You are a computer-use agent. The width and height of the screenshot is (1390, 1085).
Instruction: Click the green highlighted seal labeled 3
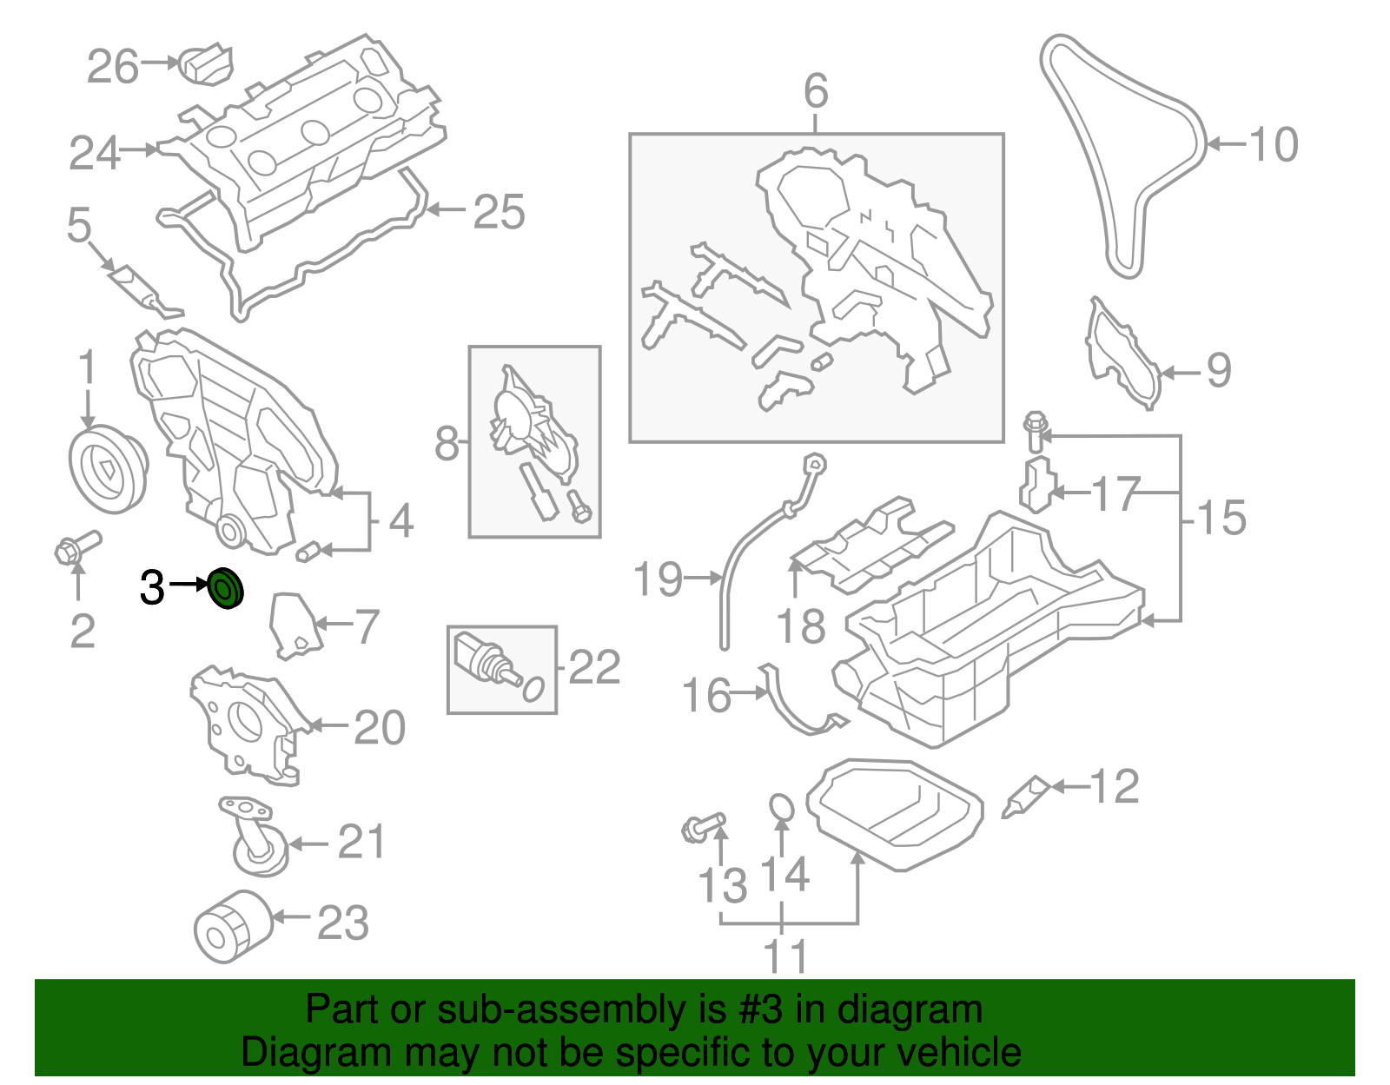[x=227, y=589]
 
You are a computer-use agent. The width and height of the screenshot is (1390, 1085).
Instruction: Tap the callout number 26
[x=113, y=67]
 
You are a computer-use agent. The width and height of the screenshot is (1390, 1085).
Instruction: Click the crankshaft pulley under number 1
[x=107, y=470]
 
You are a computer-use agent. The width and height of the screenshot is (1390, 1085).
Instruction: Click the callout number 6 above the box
[x=816, y=91]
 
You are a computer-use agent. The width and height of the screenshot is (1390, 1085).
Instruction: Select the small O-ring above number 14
[x=782, y=807]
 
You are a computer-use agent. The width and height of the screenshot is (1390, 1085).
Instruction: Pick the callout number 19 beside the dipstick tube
[x=658, y=579]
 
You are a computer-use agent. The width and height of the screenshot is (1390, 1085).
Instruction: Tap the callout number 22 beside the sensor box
[x=594, y=667]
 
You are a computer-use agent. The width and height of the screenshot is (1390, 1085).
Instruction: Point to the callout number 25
[x=499, y=212]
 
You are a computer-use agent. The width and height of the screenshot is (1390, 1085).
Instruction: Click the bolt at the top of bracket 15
[x=1035, y=431]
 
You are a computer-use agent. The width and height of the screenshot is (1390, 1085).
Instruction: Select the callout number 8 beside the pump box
[x=446, y=444]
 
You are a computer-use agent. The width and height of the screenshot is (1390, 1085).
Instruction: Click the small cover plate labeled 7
[x=294, y=624]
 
